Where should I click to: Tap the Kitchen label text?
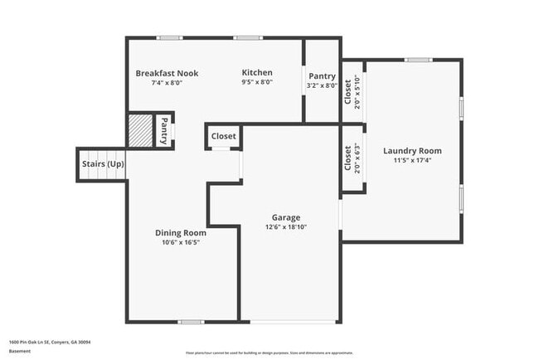(257, 72)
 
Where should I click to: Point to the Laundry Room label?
(412, 151)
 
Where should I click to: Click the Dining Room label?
(181, 233)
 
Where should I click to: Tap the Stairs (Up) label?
(103, 164)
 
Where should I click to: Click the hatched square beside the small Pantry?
(139, 130)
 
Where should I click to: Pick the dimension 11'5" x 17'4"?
(412, 160)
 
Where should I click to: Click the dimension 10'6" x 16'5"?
(181, 243)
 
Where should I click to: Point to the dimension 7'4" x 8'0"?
(166, 83)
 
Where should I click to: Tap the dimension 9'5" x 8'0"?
(256, 83)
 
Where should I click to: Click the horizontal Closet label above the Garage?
(223, 136)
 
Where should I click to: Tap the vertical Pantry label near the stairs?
(164, 130)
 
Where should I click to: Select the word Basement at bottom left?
(20, 351)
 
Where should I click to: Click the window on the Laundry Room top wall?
(418, 60)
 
